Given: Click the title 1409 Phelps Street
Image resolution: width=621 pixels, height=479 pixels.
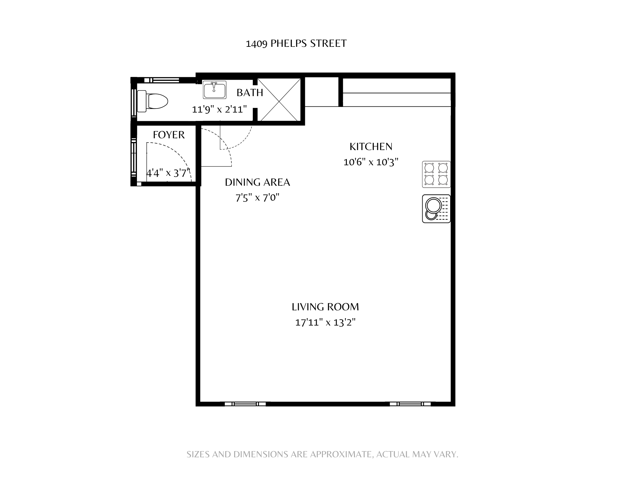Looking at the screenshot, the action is click(x=296, y=43).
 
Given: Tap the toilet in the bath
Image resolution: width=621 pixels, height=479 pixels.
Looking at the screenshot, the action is click(x=152, y=101).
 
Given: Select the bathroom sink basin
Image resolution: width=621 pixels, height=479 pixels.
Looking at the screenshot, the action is click(x=215, y=90).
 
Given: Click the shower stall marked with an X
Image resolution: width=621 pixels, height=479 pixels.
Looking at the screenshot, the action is click(x=279, y=100).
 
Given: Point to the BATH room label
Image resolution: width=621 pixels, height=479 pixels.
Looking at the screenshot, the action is click(x=250, y=93).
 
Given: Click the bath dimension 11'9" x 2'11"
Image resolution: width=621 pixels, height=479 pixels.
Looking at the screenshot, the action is click(x=220, y=109).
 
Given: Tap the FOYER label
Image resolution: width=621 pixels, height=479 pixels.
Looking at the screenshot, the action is click(x=169, y=135).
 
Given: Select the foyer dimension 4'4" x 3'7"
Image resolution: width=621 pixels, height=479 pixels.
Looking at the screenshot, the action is click(x=168, y=173).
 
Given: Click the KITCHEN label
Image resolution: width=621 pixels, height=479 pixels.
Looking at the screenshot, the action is click(x=371, y=146).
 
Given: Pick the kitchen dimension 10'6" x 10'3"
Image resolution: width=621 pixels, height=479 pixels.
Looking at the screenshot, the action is click(x=371, y=162).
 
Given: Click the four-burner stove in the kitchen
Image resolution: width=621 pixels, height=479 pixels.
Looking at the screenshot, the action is click(x=436, y=174).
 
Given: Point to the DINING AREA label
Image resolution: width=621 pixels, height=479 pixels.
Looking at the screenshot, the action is click(x=257, y=182).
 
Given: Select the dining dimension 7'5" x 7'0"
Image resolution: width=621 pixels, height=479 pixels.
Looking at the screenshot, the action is click(x=257, y=197).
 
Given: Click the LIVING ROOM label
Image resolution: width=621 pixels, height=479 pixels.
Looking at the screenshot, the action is click(x=325, y=307).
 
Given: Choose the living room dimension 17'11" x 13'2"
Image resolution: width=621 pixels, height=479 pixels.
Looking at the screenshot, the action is click(x=325, y=322).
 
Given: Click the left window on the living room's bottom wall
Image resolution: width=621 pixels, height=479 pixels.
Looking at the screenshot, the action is click(x=245, y=404).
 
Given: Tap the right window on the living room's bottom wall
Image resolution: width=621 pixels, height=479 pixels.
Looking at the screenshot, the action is click(x=410, y=404).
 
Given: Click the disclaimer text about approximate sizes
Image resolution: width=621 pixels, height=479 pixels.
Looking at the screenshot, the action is click(x=322, y=455).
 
